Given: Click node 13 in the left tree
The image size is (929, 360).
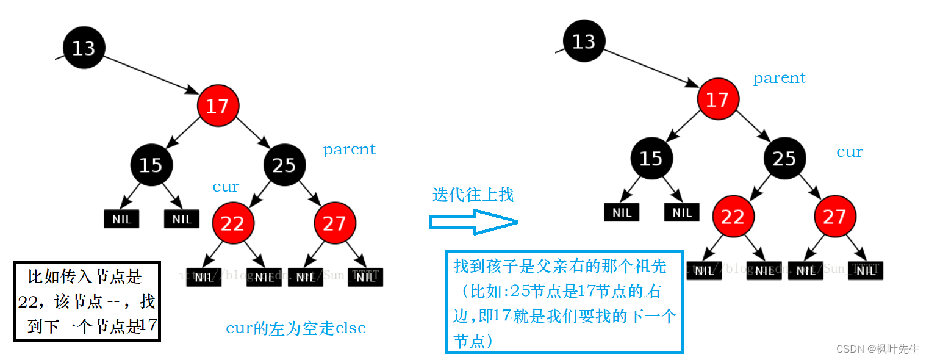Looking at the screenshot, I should tap(84, 48).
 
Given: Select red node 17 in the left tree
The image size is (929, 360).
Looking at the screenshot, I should tap(217, 107).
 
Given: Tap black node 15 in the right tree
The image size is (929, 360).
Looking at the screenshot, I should tap(651, 159).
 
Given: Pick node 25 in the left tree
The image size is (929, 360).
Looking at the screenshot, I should tap(284, 165).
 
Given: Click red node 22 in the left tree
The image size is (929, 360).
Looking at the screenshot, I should tap(232, 223).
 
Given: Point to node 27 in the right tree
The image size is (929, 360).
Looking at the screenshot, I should tap(834, 217).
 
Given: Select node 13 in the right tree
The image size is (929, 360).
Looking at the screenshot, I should tap(584, 41).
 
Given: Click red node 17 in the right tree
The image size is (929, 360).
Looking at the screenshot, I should tap(717, 99).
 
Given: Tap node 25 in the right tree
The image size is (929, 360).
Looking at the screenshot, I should tap(784, 159).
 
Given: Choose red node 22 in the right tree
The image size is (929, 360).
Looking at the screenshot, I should tap(733, 217).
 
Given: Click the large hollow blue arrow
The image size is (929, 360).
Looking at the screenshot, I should tap(473, 221).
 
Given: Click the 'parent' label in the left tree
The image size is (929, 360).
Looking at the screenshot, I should tap(349, 149).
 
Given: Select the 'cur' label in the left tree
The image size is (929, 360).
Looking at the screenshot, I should tap(226, 187).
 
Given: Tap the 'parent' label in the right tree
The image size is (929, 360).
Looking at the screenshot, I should tap(779, 78).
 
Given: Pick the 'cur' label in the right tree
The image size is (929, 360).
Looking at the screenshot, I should tap(849, 152).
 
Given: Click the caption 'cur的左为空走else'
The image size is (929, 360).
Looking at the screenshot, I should tap(296, 328).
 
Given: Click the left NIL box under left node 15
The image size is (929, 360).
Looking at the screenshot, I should tap(121, 219).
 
